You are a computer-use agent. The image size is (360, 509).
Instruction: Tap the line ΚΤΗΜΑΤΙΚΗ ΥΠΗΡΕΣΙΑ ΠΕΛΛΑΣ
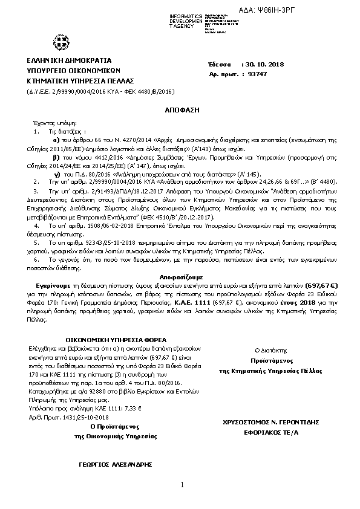80,80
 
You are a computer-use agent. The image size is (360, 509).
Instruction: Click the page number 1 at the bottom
180,485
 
